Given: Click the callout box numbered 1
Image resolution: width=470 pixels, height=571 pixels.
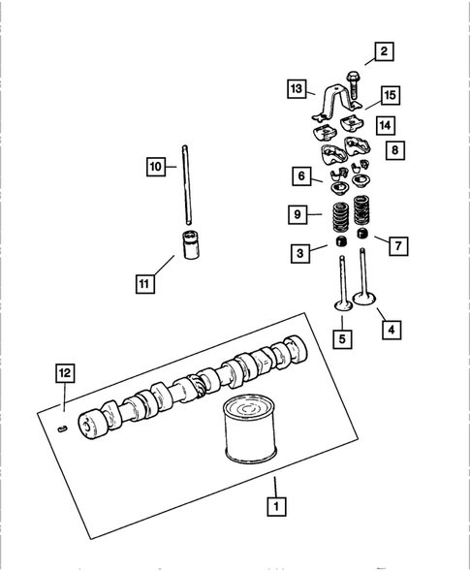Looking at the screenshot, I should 276,505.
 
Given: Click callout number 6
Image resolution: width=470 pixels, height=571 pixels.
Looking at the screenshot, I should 302,175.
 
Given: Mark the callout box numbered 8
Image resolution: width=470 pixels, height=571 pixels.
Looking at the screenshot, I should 393,150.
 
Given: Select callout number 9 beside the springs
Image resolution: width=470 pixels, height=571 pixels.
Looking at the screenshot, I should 302,212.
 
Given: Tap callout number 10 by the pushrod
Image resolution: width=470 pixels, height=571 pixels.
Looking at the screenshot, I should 156,167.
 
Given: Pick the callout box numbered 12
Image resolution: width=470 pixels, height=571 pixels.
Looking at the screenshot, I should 63,372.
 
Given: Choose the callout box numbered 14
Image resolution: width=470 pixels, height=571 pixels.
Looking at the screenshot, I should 385,125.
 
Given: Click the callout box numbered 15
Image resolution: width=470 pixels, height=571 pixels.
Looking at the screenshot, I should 390,95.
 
